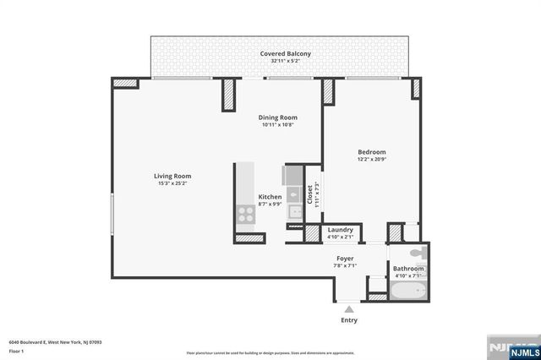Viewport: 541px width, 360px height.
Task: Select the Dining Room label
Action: [x=277, y=117]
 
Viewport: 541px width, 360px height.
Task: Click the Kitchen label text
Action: [x=270, y=197]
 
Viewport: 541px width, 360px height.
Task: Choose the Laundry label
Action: [x=340, y=230]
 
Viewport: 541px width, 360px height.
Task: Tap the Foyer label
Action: [x=345, y=258]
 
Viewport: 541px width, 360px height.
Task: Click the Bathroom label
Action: [x=407, y=269]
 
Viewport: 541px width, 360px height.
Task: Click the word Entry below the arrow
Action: [x=348, y=320]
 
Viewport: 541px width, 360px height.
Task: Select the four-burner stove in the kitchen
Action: [x=246, y=215]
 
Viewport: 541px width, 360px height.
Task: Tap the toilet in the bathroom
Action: [x=418, y=254]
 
